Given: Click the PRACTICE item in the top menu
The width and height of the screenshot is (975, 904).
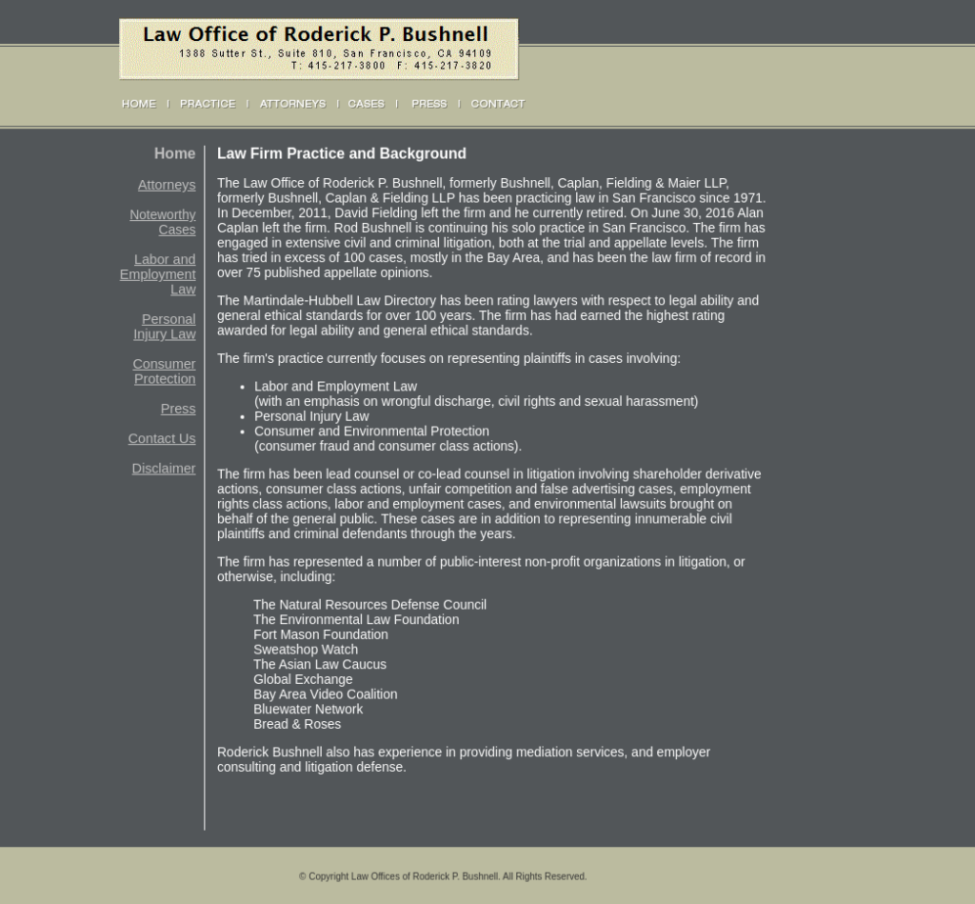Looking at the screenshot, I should tap(208, 104).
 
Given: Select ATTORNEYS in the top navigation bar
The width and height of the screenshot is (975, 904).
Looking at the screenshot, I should tap(292, 104).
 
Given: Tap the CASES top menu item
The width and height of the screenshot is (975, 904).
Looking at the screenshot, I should tap(366, 104).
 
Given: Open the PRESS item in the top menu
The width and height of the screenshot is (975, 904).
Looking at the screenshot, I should tap(428, 104).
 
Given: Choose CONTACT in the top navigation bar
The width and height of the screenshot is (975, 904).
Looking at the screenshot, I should tap(497, 104).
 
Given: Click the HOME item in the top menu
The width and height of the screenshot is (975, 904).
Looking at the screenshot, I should tap(139, 104).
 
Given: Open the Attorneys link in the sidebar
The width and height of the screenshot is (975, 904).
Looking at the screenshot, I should tap(167, 185).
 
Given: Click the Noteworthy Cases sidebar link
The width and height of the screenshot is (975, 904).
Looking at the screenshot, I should tap(164, 222).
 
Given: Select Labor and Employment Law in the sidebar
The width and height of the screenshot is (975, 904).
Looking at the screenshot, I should tap(159, 274).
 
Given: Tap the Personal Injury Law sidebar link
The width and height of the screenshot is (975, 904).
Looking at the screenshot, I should tap(166, 327).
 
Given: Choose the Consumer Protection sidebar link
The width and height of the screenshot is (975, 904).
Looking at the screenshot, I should tap(165, 372).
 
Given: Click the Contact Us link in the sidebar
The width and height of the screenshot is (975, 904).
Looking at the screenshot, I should tap(162, 438).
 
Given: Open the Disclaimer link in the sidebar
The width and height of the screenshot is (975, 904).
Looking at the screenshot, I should tap(164, 469).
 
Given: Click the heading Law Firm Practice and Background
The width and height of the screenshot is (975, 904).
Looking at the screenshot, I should tap(342, 153).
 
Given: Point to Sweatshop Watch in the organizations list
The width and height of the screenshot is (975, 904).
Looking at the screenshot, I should tap(306, 650).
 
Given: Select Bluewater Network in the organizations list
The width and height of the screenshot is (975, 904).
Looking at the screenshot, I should tap(308, 709).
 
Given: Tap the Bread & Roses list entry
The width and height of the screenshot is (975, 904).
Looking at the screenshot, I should tap(297, 724).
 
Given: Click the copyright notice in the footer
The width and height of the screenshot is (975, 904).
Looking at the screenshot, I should tap(443, 876).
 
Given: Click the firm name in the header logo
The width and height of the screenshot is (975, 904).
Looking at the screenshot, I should tap(315, 35).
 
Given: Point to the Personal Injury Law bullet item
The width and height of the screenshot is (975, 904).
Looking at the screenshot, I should tap(311, 416).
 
